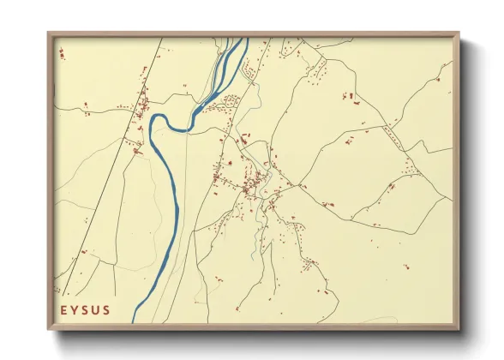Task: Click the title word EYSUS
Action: [x=86, y=309]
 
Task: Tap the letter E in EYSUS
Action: [x=64, y=309]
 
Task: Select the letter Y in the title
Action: [x=75, y=309]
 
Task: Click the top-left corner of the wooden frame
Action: [x=49, y=33]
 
